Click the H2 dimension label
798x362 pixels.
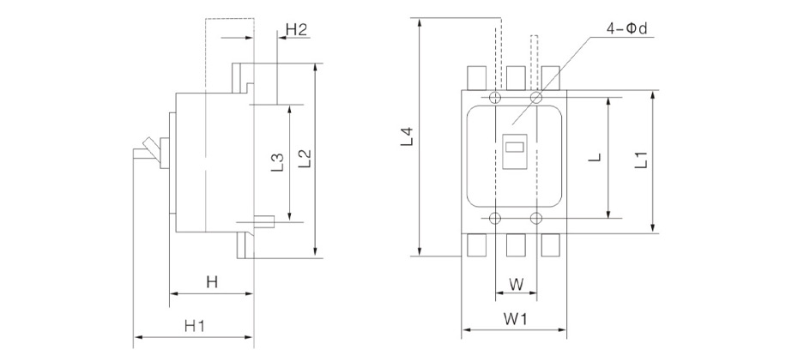296,30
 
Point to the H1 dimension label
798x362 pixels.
194,326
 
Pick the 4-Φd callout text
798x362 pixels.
626,29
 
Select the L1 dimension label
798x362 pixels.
639,160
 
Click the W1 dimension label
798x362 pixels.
514,318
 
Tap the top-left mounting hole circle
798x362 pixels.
494,98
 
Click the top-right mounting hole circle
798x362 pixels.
536,98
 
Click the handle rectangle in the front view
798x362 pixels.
515,153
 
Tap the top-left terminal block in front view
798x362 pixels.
476,78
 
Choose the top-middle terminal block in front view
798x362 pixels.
515,78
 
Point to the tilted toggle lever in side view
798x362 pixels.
150,151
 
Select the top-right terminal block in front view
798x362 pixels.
553,78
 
